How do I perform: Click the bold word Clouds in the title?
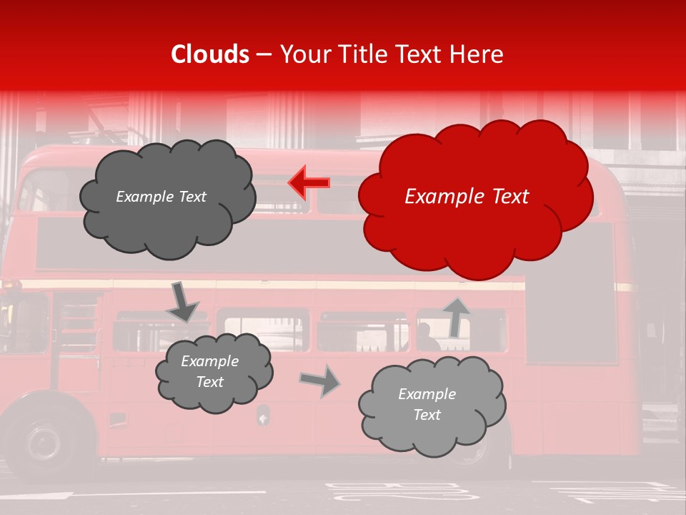[209, 54]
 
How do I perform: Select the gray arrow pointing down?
[182, 303]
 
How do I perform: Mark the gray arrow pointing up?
[455, 316]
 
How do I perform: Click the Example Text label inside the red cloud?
[467, 197]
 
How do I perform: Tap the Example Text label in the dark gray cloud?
[161, 197]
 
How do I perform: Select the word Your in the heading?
[303, 54]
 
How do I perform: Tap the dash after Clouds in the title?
[264, 55]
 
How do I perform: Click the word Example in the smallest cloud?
[209, 361]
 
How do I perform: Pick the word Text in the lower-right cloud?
[427, 415]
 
